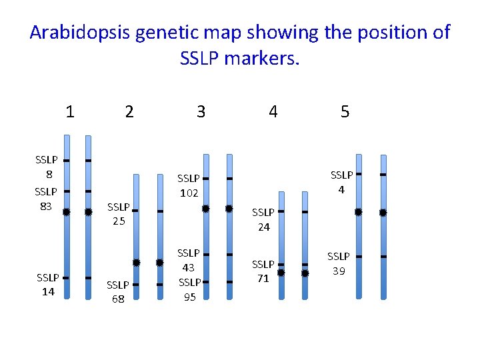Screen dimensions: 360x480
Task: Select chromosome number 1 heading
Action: tap(70, 111)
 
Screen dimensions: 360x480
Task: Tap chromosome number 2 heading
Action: tap(129, 111)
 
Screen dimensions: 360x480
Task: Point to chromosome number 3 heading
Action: tap(201, 111)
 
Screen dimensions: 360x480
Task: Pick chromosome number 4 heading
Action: tap(273, 111)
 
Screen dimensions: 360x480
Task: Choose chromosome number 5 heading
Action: tap(345, 111)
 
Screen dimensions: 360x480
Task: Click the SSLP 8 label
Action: tap(46, 167)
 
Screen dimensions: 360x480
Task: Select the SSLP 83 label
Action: tap(46, 199)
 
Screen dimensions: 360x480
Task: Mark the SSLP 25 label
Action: tap(119, 214)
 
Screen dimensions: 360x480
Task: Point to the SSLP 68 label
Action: tap(118, 292)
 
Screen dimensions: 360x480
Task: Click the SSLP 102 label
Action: tap(188, 185)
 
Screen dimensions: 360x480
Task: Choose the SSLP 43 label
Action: tap(188, 260)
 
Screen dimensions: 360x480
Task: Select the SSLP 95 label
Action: tap(189, 289)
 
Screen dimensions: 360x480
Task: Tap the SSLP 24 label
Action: tap(263, 219)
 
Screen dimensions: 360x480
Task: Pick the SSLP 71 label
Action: tap(263, 271)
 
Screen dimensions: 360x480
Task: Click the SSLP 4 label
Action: tap(341, 182)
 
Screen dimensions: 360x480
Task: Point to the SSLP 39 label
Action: tap(338, 263)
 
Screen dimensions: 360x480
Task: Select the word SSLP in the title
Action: tap(200, 59)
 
